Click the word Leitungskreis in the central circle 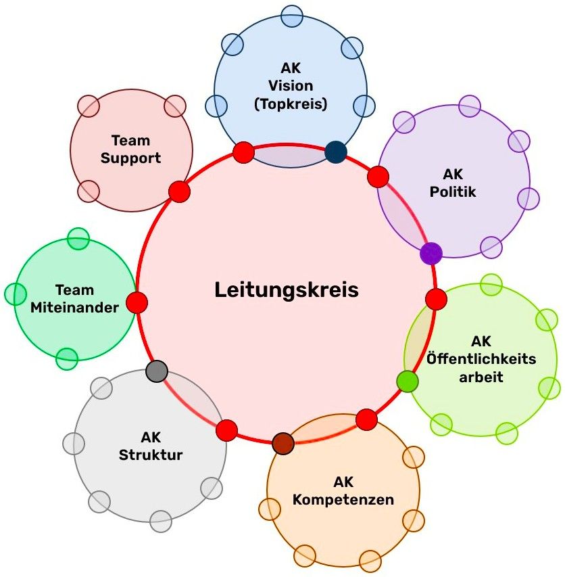click(286, 290)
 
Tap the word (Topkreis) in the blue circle click(290, 104)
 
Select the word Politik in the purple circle click(453, 191)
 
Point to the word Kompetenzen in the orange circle click(343, 500)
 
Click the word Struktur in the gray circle click(151, 455)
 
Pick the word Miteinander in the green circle click(74, 307)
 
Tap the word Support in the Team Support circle click(131, 158)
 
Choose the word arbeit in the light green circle click(481, 377)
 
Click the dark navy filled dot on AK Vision click(335, 152)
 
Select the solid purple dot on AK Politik click(431, 254)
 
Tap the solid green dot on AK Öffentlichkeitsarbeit click(407, 382)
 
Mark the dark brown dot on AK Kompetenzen click(283, 443)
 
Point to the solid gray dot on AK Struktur click(157, 371)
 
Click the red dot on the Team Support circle click(179, 191)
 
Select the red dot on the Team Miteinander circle click(137, 302)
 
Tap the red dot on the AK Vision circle click(243, 152)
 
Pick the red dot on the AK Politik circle click(378, 177)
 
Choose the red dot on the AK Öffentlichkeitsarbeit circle click(436, 298)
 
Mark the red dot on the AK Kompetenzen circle click(366, 419)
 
